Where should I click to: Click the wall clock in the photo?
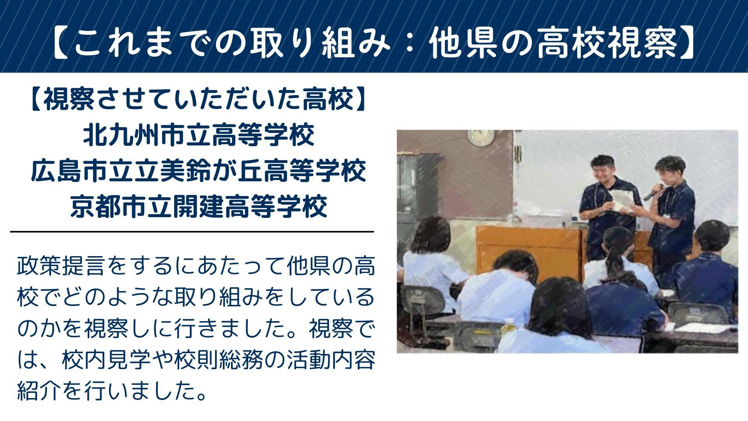coord(482,137)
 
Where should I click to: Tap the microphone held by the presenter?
coord(653,191)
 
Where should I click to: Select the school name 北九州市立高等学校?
coord(199,135)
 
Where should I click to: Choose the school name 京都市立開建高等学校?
coord(199,206)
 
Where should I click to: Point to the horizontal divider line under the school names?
coord(192,232)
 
